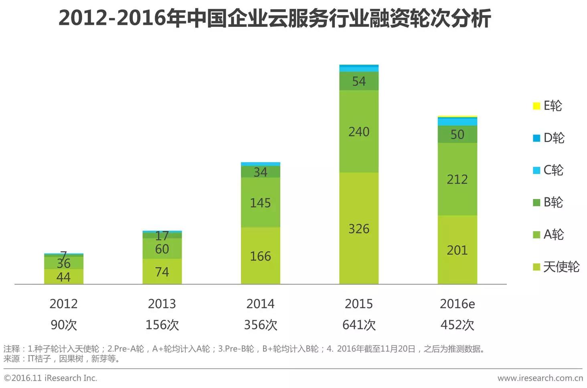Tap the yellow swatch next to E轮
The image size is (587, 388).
click(536, 106)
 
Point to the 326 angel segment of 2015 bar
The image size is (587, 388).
click(359, 229)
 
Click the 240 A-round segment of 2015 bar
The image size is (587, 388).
click(359, 132)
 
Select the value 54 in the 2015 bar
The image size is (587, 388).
click(359, 81)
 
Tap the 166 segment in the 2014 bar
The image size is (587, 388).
click(260, 256)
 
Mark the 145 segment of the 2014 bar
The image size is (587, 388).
click(260, 203)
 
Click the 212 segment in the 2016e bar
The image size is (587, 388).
click(457, 179)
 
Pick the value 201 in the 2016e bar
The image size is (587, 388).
click(457, 250)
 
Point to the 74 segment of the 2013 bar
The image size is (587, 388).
click(162, 272)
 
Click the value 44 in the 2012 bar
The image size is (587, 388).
click(63, 277)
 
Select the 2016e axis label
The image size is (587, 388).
click(457, 304)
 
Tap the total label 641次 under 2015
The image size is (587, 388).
click(359, 325)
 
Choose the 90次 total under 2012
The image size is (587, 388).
click(63, 325)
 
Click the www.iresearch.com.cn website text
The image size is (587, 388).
click(540, 378)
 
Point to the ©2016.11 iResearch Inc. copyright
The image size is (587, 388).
click(51, 378)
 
